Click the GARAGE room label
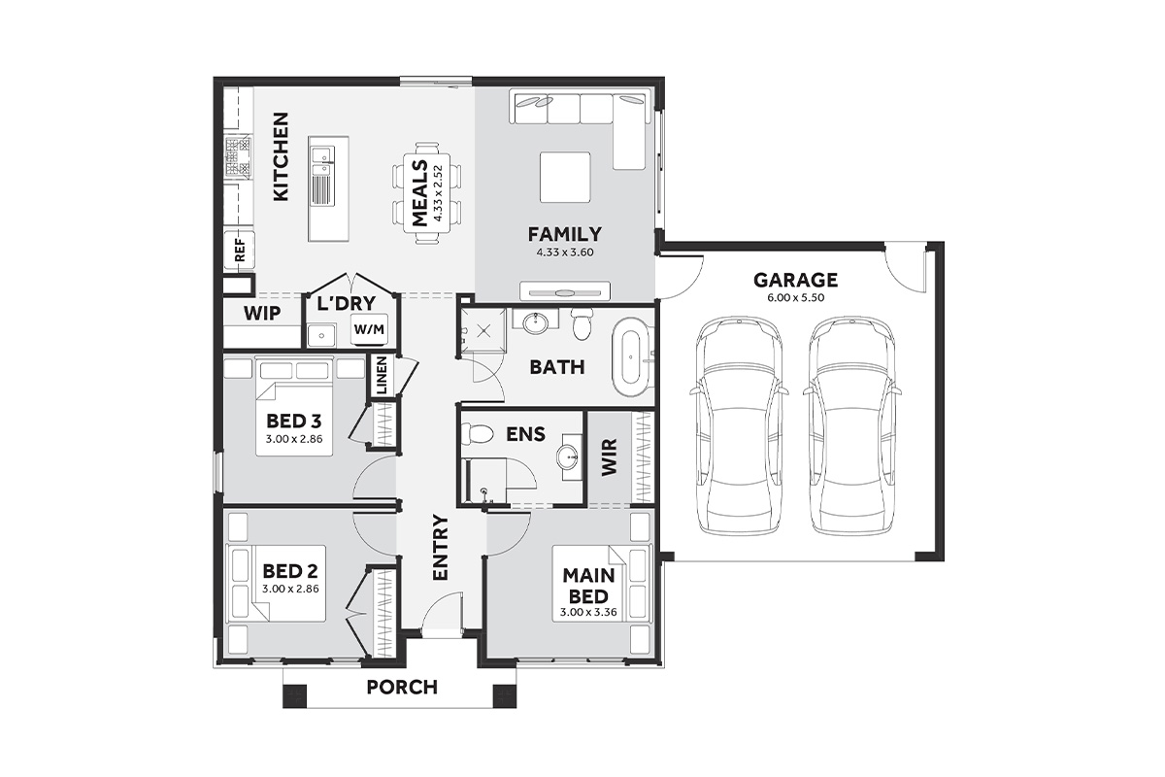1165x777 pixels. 795,280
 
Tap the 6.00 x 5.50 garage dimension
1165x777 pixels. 796,298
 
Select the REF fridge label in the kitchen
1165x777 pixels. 240,251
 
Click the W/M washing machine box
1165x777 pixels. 369,329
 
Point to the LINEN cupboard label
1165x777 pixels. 383,375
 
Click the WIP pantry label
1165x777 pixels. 262,314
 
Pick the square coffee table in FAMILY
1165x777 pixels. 565,177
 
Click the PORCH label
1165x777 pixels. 402,687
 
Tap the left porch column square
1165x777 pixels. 294,695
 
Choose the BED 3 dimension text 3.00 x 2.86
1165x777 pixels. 294,439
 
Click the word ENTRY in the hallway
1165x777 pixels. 440,547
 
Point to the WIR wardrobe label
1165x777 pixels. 609,456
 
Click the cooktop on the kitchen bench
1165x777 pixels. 239,155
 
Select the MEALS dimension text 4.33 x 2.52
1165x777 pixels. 438,193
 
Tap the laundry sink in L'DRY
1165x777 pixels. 321,336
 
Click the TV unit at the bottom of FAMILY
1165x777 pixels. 565,291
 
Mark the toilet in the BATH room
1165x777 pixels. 582,323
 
